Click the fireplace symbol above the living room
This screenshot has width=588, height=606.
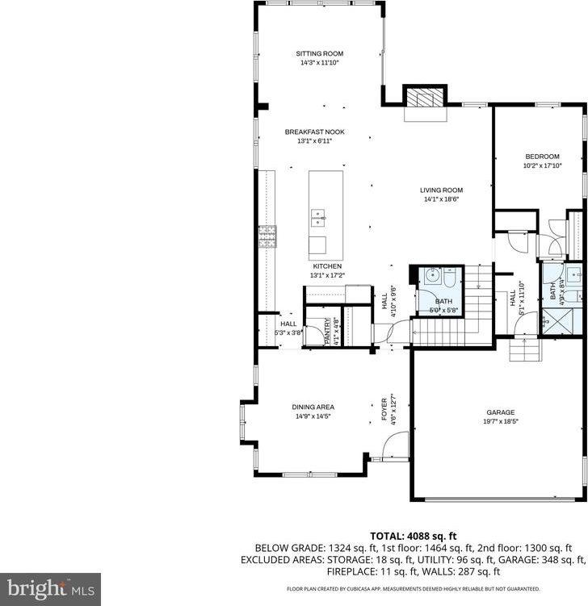(425, 99)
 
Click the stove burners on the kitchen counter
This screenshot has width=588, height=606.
(267, 236)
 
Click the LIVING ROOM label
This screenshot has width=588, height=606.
(441, 190)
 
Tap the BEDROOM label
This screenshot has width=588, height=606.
(542, 157)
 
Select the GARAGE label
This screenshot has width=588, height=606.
(500, 411)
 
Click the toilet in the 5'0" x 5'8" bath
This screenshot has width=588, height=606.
(447, 277)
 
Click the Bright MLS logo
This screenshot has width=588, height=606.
(50, 587)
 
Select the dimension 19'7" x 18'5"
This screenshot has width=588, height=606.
(500, 421)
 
